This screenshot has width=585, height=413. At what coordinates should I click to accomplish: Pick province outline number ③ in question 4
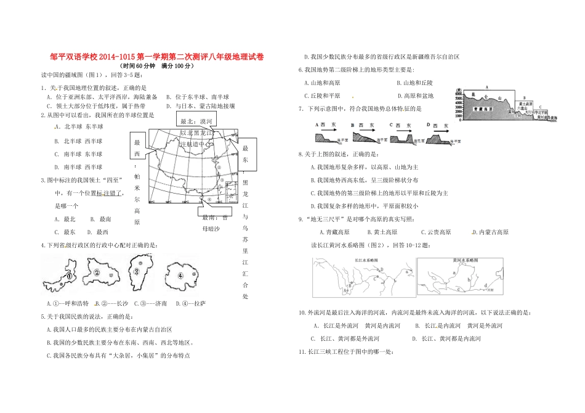tap(139, 271)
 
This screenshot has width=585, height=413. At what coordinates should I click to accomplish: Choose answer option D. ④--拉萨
tap(190, 303)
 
